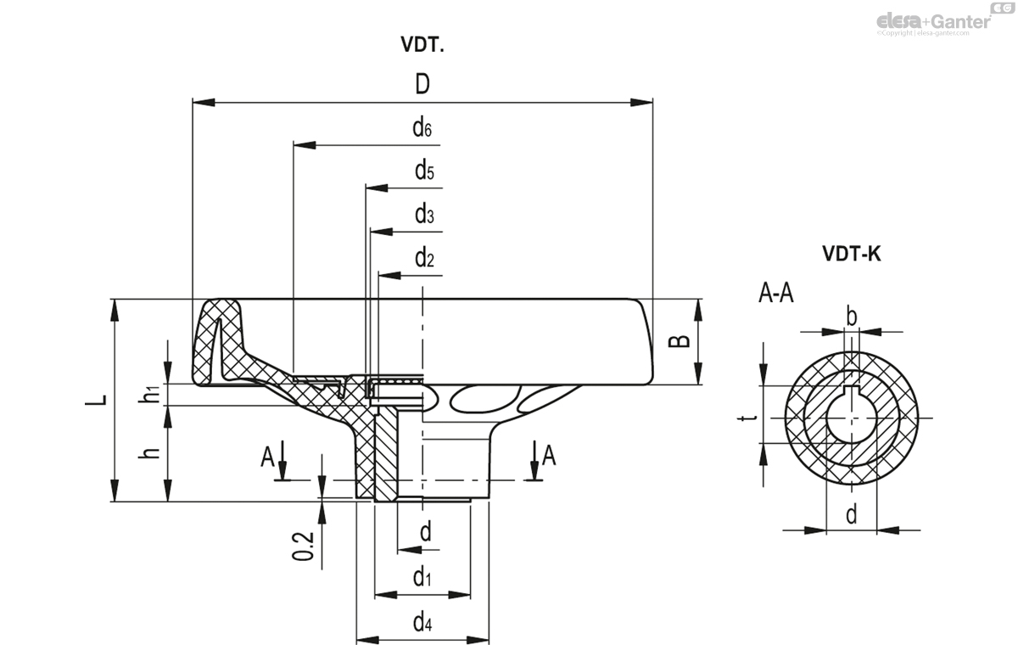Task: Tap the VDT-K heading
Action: pos(851,254)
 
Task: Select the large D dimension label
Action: pos(422,84)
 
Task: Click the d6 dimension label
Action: pos(422,128)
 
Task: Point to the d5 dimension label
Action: pos(424,171)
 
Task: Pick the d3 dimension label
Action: pos(424,215)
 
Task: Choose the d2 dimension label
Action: pos(424,259)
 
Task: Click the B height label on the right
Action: pos(679,341)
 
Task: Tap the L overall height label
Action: pos(100,400)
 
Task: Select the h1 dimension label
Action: pos(150,394)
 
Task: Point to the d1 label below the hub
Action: pos(422,578)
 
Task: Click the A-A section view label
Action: pos(777,294)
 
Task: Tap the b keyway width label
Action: pos(852,317)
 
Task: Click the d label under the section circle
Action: pos(851,513)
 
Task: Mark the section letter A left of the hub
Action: pos(267,457)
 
